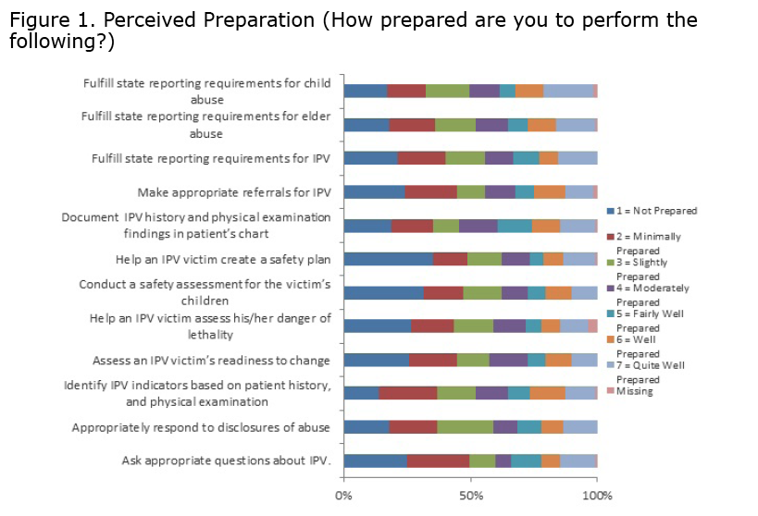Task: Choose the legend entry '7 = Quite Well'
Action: tap(650, 365)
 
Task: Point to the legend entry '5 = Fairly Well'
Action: tap(650, 314)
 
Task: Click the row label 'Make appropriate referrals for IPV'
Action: tap(234, 192)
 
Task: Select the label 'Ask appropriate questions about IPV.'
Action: tap(227, 460)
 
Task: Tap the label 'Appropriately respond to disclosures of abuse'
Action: tap(202, 427)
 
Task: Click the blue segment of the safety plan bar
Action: tap(388, 259)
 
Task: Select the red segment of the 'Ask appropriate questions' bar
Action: tap(438, 461)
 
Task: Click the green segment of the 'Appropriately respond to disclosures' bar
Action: tap(465, 427)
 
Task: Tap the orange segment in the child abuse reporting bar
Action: tap(528, 91)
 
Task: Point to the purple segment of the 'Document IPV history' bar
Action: tap(478, 226)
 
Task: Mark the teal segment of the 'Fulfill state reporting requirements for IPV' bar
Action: tap(526, 158)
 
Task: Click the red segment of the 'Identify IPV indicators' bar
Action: tap(407, 393)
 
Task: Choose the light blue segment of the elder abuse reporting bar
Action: tap(576, 125)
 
